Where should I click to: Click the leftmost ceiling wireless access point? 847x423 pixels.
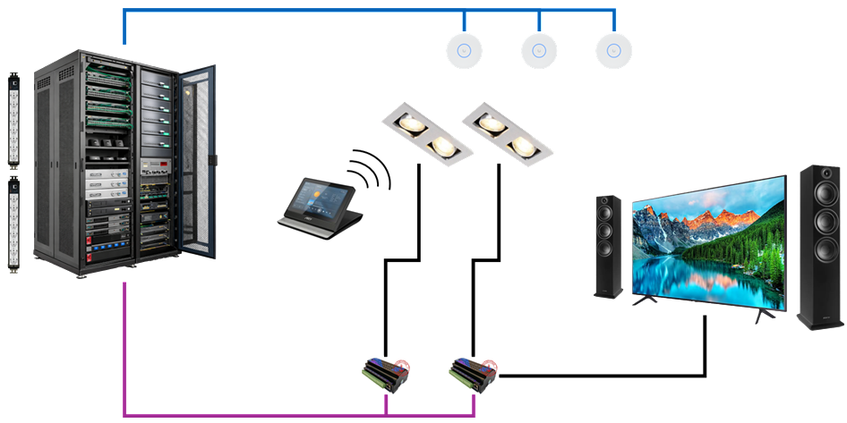[x=464, y=51]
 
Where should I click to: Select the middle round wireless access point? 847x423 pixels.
[x=539, y=51]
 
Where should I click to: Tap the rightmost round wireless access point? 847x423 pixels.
[x=614, y=52]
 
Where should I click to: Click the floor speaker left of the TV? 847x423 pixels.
[x=609, y=246]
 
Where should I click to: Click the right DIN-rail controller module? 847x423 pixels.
[x=473, y=373]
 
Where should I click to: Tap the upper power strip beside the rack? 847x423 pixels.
[x=13, y=121]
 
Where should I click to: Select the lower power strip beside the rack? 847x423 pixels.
[x=13, y=224]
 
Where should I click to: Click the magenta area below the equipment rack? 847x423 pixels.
[x=251, y=349]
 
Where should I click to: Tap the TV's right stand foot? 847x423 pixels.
[x=761, y=315]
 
